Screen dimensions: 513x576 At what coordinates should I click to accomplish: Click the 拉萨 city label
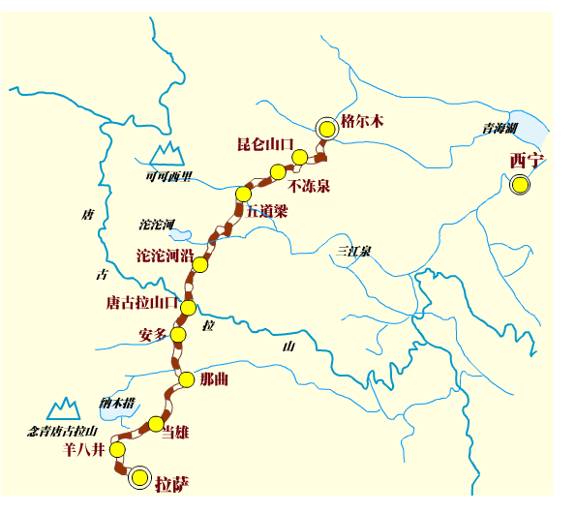171,483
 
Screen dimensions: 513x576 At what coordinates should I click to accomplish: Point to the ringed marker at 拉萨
140,476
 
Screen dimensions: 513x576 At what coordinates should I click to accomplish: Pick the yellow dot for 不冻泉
278,171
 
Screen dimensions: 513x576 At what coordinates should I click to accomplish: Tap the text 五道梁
266,210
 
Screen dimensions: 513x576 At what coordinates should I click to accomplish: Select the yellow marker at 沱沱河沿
200,264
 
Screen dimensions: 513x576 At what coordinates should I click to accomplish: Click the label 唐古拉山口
140,303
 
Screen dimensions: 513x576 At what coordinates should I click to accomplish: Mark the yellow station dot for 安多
178,335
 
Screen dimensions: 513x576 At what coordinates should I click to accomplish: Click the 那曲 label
213,379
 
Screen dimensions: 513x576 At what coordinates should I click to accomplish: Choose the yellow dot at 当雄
156,423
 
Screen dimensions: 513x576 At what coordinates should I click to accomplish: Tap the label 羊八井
83,450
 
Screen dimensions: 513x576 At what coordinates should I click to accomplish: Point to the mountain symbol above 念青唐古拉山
64,408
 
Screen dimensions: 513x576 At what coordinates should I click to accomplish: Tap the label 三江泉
353,251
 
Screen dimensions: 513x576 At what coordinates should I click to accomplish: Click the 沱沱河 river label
156,225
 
